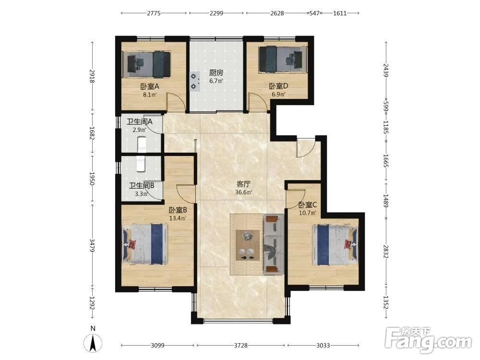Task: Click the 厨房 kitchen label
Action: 216,73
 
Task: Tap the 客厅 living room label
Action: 243,184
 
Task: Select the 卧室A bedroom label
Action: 150,86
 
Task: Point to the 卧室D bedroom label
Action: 278,86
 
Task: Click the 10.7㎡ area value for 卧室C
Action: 307,213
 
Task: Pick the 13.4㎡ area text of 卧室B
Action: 178,218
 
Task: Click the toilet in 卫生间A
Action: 142,144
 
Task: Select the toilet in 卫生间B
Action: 140,164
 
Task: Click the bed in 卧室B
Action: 145,244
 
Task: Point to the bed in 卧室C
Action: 335,245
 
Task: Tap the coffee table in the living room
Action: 248,245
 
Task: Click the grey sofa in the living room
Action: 274,244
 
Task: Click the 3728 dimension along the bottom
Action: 240,346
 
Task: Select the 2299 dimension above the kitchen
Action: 216,13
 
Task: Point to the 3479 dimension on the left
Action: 92,246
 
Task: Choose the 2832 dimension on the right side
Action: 386,252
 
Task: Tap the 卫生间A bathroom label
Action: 140,121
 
